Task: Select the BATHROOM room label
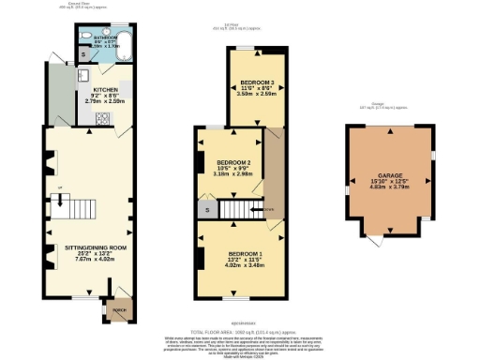pos(104,37)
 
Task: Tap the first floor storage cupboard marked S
pos(205,209)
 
